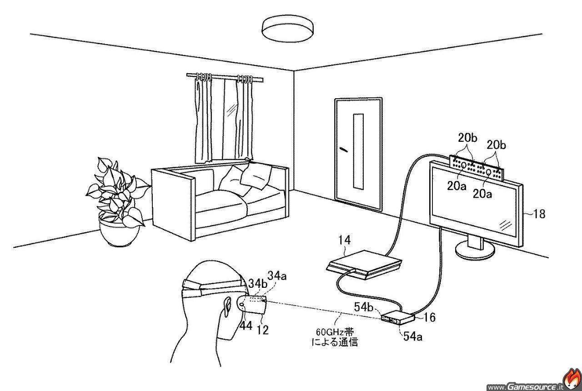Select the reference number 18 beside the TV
539,214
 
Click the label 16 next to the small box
429,317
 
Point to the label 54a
411,337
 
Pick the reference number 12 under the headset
262,330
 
